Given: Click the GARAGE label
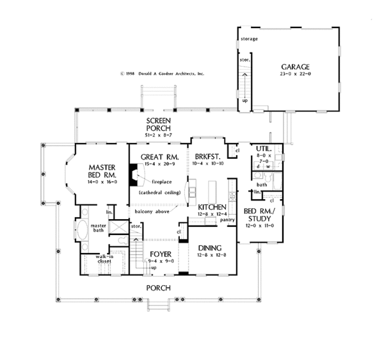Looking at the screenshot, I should coord(295,67).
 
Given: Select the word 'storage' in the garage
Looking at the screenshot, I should coord(249,39).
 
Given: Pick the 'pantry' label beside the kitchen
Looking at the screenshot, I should coord(225,220).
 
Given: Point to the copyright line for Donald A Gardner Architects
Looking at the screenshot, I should coord(161,74).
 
